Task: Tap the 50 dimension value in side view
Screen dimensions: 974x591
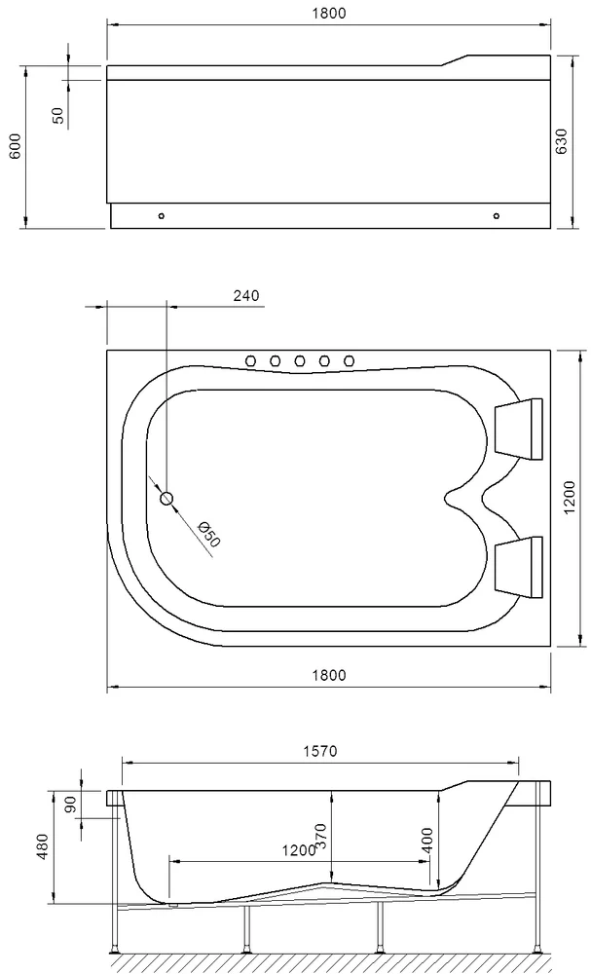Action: click(x=58, y=115)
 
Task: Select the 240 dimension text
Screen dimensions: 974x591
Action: click(x=246, y=297)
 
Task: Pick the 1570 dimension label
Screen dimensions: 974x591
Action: click(x=318, y=751)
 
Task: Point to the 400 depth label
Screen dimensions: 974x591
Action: click(x=426, y=841)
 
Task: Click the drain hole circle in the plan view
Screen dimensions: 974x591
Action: click(x=166, y=499)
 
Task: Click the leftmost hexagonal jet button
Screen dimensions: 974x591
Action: click(x=252, y=361)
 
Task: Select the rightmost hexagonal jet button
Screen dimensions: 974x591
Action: click(x=348, y=361)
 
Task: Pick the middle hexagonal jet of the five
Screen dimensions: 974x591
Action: click(x=300, y=361)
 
